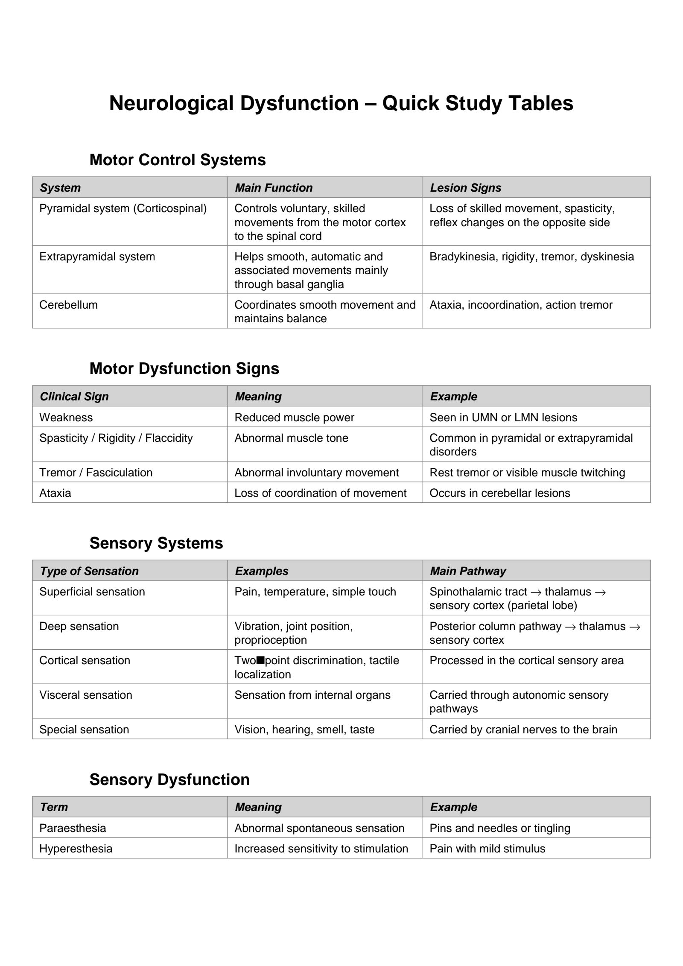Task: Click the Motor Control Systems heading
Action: click(177, 160)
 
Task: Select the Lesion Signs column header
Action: click(465, 187)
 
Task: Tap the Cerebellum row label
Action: click(68, 305)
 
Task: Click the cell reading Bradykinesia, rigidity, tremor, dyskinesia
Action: click(531, 257)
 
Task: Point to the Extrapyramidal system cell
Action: click(97, 257)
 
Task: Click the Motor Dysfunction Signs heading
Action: click(184, 368)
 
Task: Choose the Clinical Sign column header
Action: click(74, 396)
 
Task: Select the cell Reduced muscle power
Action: click(294, 417)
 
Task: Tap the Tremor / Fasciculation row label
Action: click(96, 472)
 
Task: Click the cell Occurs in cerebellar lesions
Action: click(499, 493)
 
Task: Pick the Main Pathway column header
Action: click(467, 571)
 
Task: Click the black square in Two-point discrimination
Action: click(260, 661)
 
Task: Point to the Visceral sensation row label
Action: click(85, 695)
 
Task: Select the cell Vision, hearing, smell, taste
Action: click(304, 729)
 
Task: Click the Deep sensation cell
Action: click(79, 626)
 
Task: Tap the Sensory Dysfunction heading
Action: click(169, 779)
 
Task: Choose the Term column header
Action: click(54, 807)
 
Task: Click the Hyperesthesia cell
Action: click(76, 848)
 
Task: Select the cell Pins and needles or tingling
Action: click(499, 828)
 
